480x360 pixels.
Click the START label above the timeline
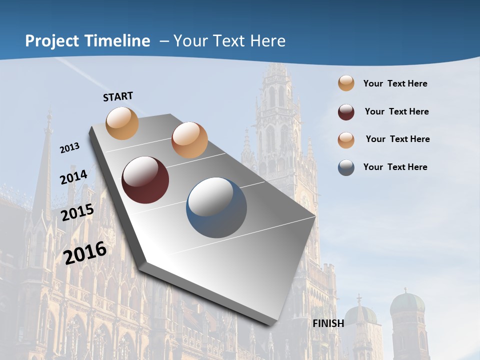coord(118,96)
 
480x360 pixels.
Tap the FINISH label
coord(328,323)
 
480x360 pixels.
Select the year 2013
coord(69,148)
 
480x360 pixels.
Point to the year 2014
coord(74,177)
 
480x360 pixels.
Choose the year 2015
coord(77,212)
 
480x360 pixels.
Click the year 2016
coord(85,253)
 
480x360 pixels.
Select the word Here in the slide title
coord(267,41)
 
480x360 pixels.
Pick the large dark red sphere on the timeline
coord(145,180)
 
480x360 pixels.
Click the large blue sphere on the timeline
coord(216,207)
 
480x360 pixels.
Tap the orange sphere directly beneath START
coord(122,123)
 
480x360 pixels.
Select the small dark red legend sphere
coord(346,112)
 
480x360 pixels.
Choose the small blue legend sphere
coord(346,167)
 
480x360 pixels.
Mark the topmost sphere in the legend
coord(346,83)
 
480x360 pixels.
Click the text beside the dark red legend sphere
coord(396,111)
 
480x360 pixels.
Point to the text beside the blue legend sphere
coord(395,167)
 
